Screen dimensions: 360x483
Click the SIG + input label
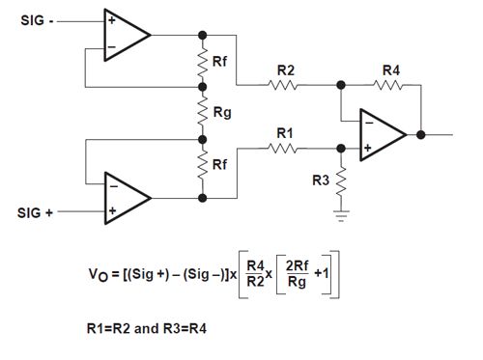pyautogui.click(x=38, y=209)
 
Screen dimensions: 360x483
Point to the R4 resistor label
pyautogui.click(x=390, y=69)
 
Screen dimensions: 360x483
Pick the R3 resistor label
pyautogui.click(x=320, y=180)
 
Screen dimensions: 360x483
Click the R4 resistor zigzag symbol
pyautogui.click(x=390, y=84)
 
